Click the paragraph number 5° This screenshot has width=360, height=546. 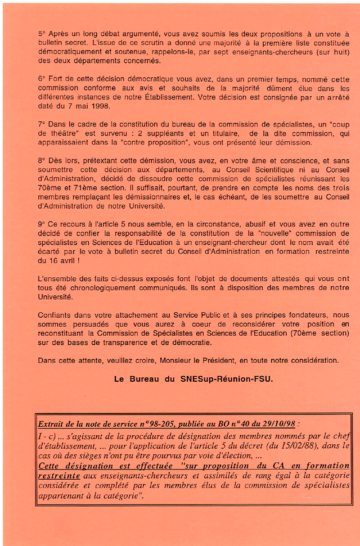42,34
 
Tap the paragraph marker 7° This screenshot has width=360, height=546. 42,124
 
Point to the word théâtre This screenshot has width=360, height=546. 63,133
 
